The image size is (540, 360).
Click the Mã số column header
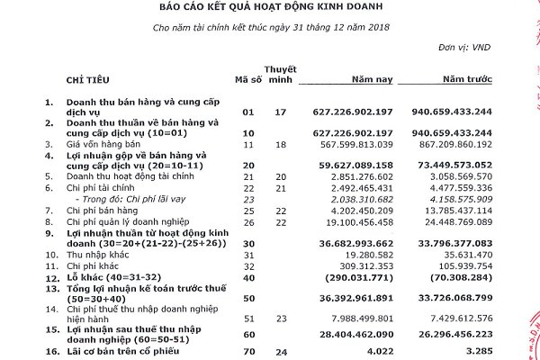point(247,81)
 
